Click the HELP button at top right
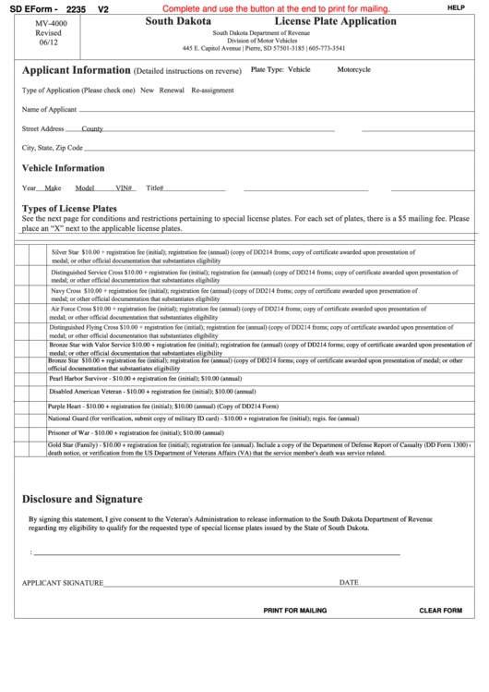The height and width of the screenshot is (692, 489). coord(455,7)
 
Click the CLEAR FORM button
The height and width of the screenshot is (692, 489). coord(440,611)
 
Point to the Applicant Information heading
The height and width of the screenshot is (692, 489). coord(76,70)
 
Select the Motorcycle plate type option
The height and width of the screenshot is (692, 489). coord(353,69)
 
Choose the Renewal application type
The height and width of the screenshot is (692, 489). coord(172,91)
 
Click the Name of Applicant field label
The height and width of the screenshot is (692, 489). coord(49,110)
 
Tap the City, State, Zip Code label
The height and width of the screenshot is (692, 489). coord(53,148)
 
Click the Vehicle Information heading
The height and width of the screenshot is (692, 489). coord(63,168)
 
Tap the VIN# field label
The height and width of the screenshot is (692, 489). coord(125,188)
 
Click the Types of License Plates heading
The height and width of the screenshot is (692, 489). coord(69,209)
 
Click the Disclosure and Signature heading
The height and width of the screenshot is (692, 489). coord(82,499)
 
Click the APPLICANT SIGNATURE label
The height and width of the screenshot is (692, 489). coord(62,583)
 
